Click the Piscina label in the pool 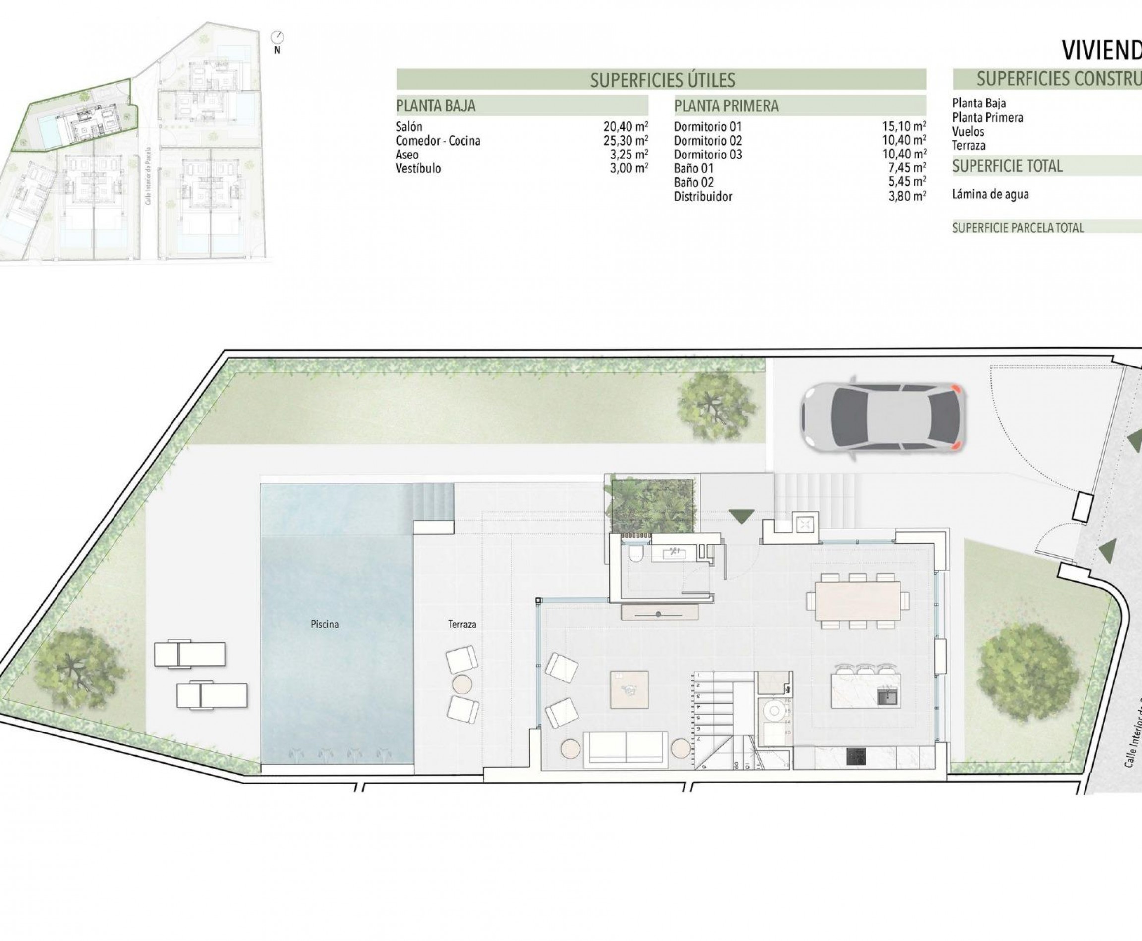click(325, 625)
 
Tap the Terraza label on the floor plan click(461, 625)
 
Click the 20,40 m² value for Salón click(626, 127)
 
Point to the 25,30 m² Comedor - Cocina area click(626, 141)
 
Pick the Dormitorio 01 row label click(707, 127)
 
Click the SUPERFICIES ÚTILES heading click(662, 80)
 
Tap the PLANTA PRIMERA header click(726, 106)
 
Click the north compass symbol click(278, 38)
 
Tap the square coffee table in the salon click(629, 689)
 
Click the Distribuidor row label click(702, 197)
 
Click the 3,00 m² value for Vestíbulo click(629, 168)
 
